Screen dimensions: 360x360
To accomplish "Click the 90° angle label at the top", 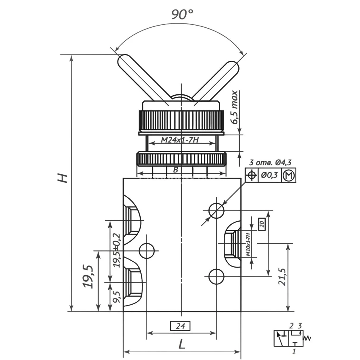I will coord(182,14).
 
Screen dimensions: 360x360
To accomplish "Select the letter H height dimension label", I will coord(63,178).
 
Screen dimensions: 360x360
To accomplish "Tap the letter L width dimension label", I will coord(182,344).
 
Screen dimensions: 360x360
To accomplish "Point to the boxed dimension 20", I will coord(262,224).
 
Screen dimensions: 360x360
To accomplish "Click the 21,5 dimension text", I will coord(282,277).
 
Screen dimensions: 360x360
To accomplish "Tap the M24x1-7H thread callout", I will coord(179,140).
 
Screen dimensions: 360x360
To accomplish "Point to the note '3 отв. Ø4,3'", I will coord(270,162).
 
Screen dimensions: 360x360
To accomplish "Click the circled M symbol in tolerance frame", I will coord(289,175).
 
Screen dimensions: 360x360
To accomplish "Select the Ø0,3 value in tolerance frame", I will coord(269,175).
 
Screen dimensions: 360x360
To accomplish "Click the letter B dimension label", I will coord(176,170).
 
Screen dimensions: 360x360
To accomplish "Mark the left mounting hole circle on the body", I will coord(147,251).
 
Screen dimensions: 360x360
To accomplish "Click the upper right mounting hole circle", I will coord(216,211).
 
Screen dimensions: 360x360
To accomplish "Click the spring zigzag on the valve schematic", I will coord(307,338).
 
